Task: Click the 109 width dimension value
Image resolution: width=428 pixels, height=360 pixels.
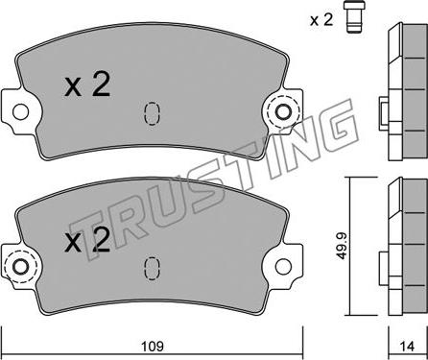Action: [x=153, y=346]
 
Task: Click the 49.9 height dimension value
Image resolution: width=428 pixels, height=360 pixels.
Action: [x=342, y=245]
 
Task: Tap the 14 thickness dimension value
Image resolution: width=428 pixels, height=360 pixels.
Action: [x=407, y=346]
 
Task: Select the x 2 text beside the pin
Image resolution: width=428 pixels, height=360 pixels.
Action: [x=321, y=20]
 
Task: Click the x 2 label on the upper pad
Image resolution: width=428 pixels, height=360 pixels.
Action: [x=87, y=84]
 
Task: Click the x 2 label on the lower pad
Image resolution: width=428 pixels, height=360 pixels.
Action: [x=87, y=241]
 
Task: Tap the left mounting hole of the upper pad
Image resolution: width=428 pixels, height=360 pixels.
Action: [x=20, y=111]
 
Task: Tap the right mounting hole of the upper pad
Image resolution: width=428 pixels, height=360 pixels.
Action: [x=283, y=112]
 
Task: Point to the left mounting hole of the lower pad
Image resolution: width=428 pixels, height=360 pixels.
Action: [x=21, y=267]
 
